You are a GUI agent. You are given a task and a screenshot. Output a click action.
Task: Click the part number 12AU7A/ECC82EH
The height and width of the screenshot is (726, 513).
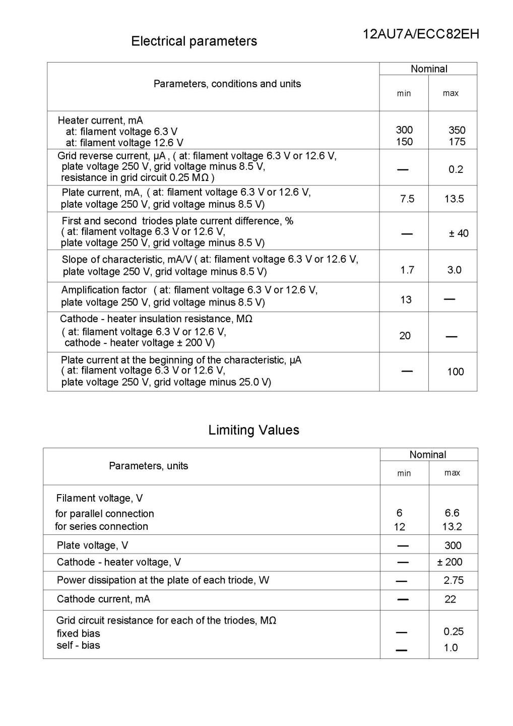(x=421, y=34)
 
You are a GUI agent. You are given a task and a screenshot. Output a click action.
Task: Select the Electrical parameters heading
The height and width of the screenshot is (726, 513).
(x=194, y=41)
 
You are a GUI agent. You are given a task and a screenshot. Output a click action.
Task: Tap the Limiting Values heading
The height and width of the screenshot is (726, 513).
(x=253, y=430)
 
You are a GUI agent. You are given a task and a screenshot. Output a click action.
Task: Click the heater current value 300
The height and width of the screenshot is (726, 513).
(x=404, y=130)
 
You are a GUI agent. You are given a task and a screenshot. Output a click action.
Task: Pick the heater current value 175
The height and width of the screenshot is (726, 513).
(x=457, y=142)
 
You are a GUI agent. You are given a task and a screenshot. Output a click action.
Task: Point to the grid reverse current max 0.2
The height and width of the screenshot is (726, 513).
(x=456, y=169)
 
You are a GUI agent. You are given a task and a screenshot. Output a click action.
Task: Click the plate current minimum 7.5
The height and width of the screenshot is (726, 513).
(x=407, y=199)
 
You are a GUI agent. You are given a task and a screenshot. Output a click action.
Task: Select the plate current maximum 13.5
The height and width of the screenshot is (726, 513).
(x=454, y=199)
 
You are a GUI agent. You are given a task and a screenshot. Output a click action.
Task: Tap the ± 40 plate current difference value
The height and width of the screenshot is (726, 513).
(x=459, y=233)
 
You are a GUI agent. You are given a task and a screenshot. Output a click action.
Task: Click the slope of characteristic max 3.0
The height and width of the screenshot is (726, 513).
(x=454, y=270)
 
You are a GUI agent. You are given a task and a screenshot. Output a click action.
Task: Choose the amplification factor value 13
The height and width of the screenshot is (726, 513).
(x=406, y=300)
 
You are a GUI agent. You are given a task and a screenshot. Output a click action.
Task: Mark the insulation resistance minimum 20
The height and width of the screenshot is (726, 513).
(x=405, y=336)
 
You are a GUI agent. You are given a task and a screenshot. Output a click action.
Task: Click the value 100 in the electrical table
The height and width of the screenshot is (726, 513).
(x=455, y=372)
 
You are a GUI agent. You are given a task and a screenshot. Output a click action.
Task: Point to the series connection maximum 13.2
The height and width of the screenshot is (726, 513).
(x=452, y=527)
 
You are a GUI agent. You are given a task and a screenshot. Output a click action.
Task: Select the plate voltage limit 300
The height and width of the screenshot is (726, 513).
(x=453, y=546)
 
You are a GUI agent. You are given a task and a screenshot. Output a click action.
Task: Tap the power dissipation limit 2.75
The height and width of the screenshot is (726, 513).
(x=454, y=580)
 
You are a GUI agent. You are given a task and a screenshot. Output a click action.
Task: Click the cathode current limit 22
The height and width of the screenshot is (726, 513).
(x=450, y=599)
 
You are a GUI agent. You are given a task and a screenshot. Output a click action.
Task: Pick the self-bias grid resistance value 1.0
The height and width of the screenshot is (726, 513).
(x=451, y=648)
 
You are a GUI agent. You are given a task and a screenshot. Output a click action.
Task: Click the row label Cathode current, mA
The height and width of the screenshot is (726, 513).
(x=103, y=599)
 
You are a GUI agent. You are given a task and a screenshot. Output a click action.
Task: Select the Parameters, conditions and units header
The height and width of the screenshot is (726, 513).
(x=227, y=84)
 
